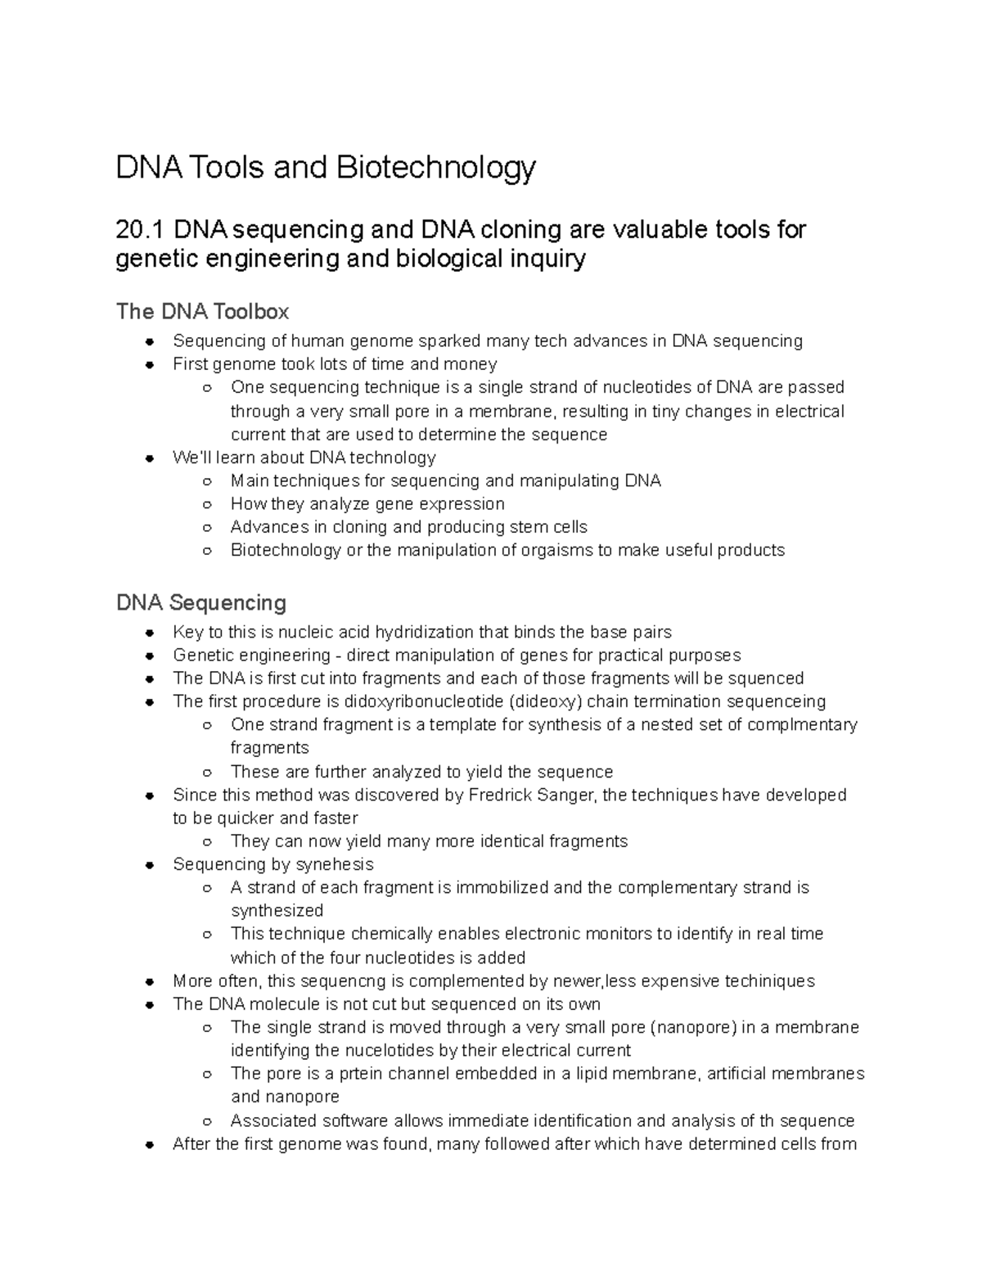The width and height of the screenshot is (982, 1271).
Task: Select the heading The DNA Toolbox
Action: (x=202, y=312)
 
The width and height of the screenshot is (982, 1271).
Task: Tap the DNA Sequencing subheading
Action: (x=201, y=603)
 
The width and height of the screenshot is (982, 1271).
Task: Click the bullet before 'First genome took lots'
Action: (x=150, y=364)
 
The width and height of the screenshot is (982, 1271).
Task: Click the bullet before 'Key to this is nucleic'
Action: (x=150, y=633)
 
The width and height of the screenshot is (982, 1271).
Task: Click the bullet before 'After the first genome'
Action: (x=150, y=1144)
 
